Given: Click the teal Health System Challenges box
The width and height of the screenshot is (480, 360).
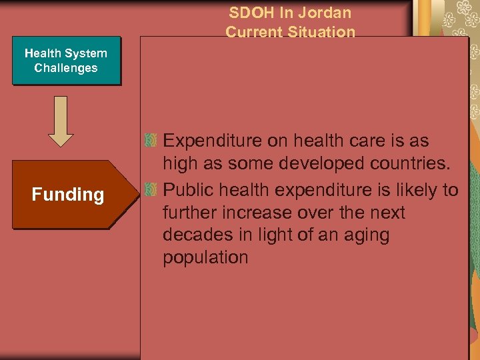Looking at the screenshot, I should click(66, 61).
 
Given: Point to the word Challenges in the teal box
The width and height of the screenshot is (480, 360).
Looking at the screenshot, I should click(66, 68).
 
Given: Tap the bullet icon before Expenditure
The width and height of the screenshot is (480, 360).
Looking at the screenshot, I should click(151, 141).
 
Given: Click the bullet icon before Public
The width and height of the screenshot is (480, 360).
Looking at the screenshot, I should click(151, 191).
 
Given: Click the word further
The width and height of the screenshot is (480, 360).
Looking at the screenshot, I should click(193, 213).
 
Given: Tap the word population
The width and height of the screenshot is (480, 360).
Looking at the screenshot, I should click(205, 258).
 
